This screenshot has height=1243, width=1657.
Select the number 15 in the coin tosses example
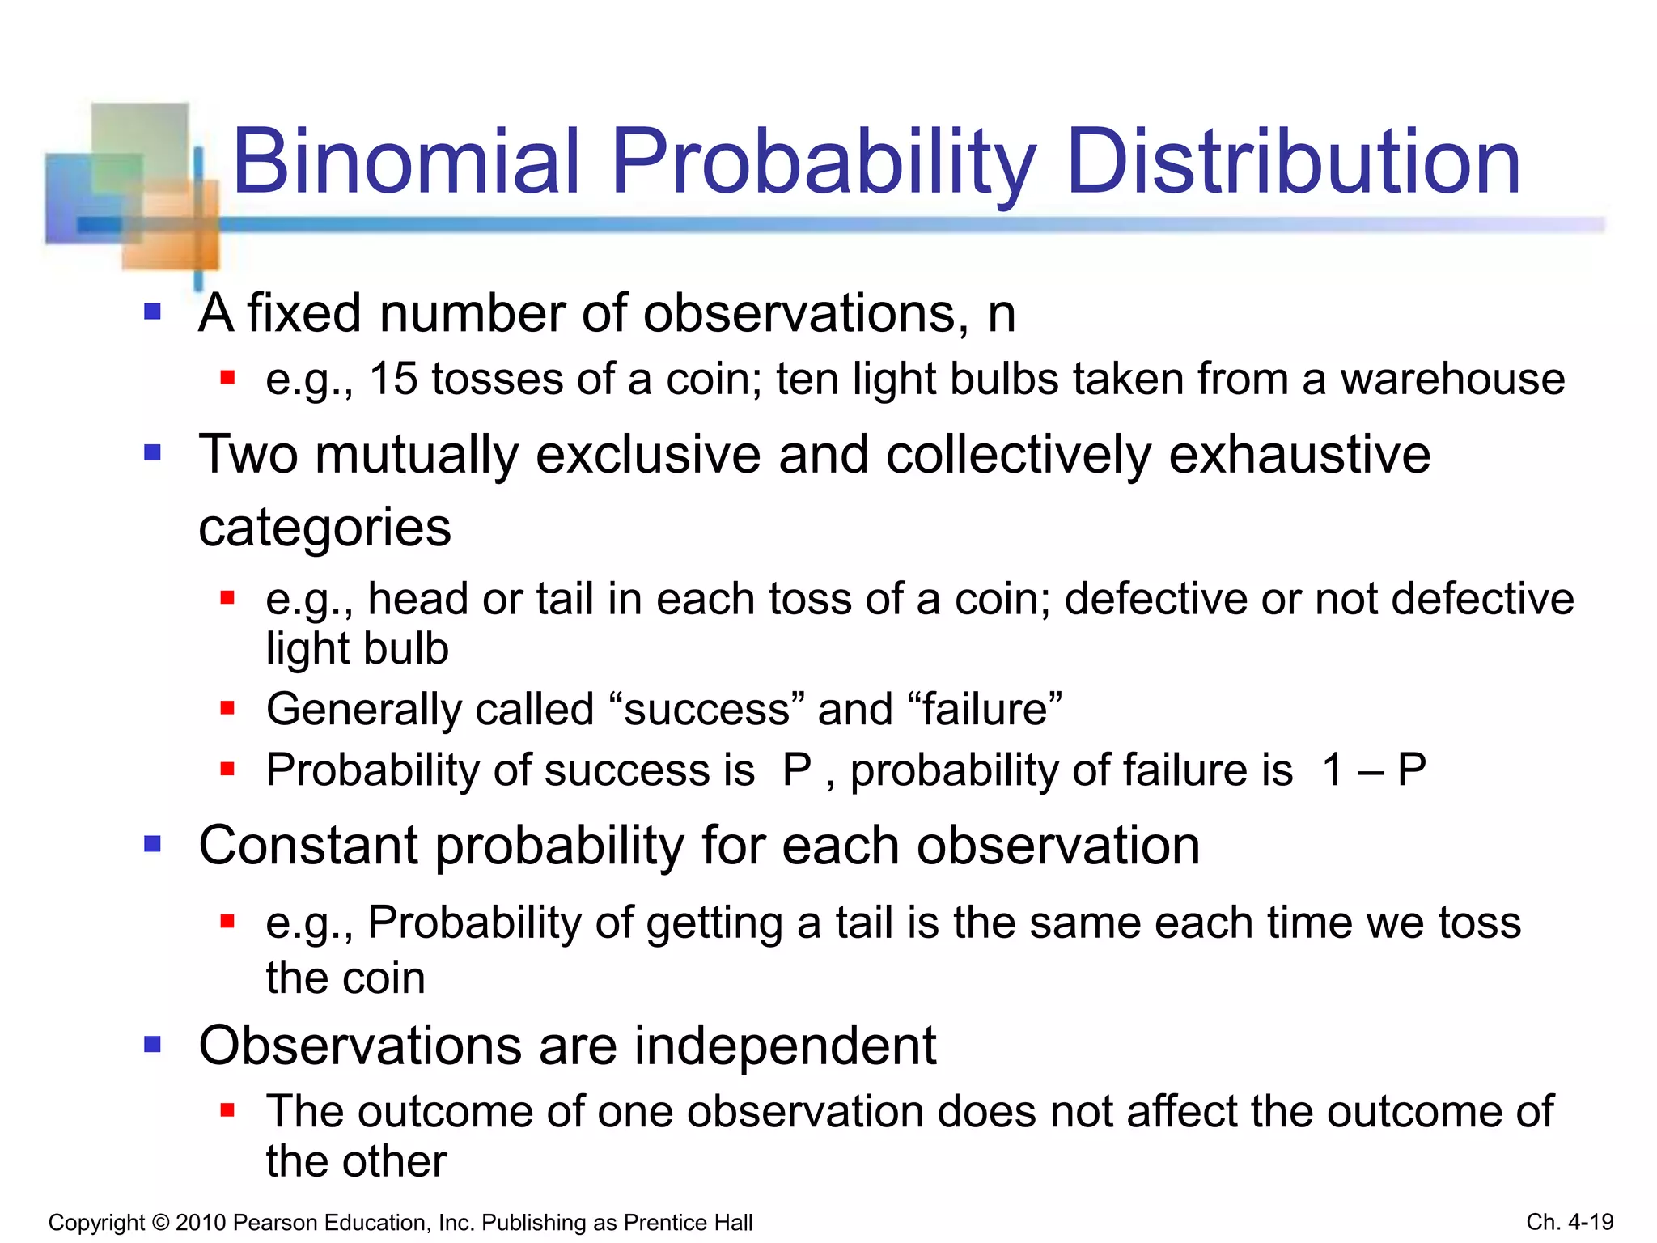click(x=393, y=379)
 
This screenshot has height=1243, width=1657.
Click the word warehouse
click(x=1452, y=379)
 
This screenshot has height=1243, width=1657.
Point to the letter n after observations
click(x=1002, y=314)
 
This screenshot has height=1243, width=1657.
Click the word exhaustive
click(x=1299, y=454)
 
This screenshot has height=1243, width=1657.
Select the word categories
click(x=324, y=528)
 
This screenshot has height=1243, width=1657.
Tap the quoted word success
click(x=706, y=709)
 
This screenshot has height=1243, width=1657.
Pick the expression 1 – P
click(x=1374, y=770)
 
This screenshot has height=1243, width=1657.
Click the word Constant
click(x=308, y=846)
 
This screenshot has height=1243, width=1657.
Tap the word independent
click(x=785, y=1046)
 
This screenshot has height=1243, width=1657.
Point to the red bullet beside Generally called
click(x=227, y=709)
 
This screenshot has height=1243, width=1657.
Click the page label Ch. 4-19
click(x=1570, y=1222)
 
